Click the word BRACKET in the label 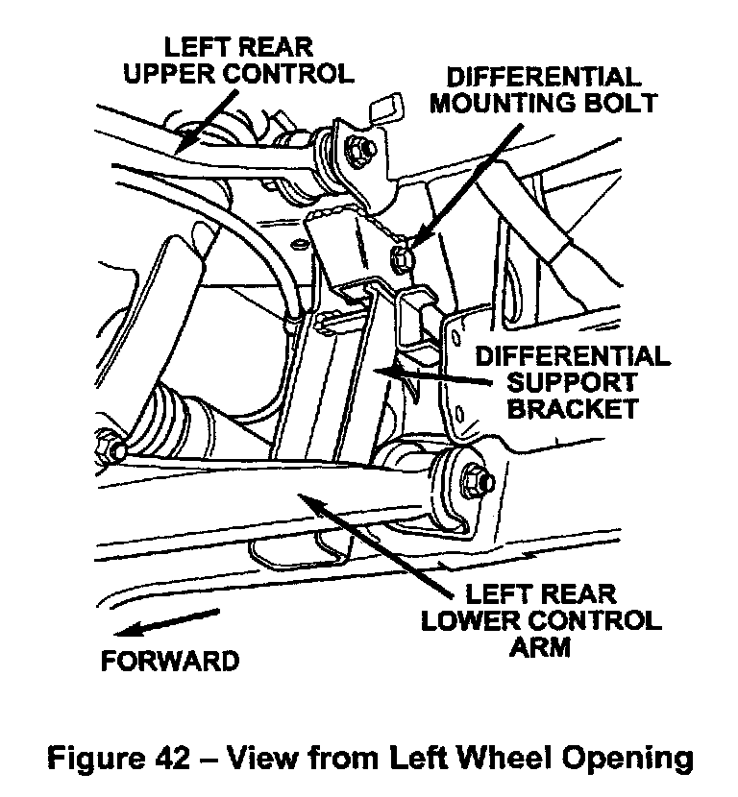point(573,408)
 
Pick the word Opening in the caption point(632,759)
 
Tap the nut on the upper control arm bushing point(360,148)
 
